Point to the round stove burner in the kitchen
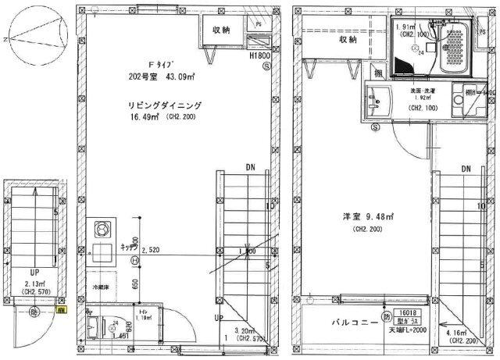coord(102,230)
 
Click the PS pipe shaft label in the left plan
coord(259,24)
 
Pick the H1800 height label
coord(259,57)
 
